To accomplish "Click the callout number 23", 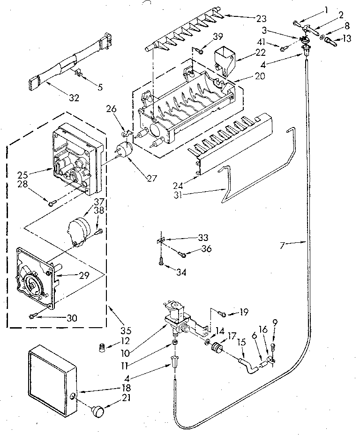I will tap(261, 19).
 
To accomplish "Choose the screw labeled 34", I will tap(161, 264).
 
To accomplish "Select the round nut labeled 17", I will tap(217, 348).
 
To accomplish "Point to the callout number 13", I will tap(346, 39).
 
